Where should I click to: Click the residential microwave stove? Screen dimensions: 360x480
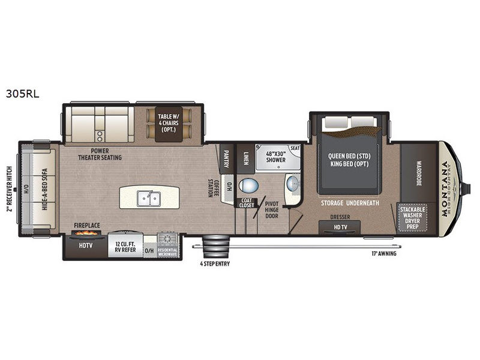click(169, 245)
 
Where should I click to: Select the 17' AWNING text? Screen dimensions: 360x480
click(383, 253)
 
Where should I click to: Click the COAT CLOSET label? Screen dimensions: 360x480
click(247, 204)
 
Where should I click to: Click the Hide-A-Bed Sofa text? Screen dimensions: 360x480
click(44, 188)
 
